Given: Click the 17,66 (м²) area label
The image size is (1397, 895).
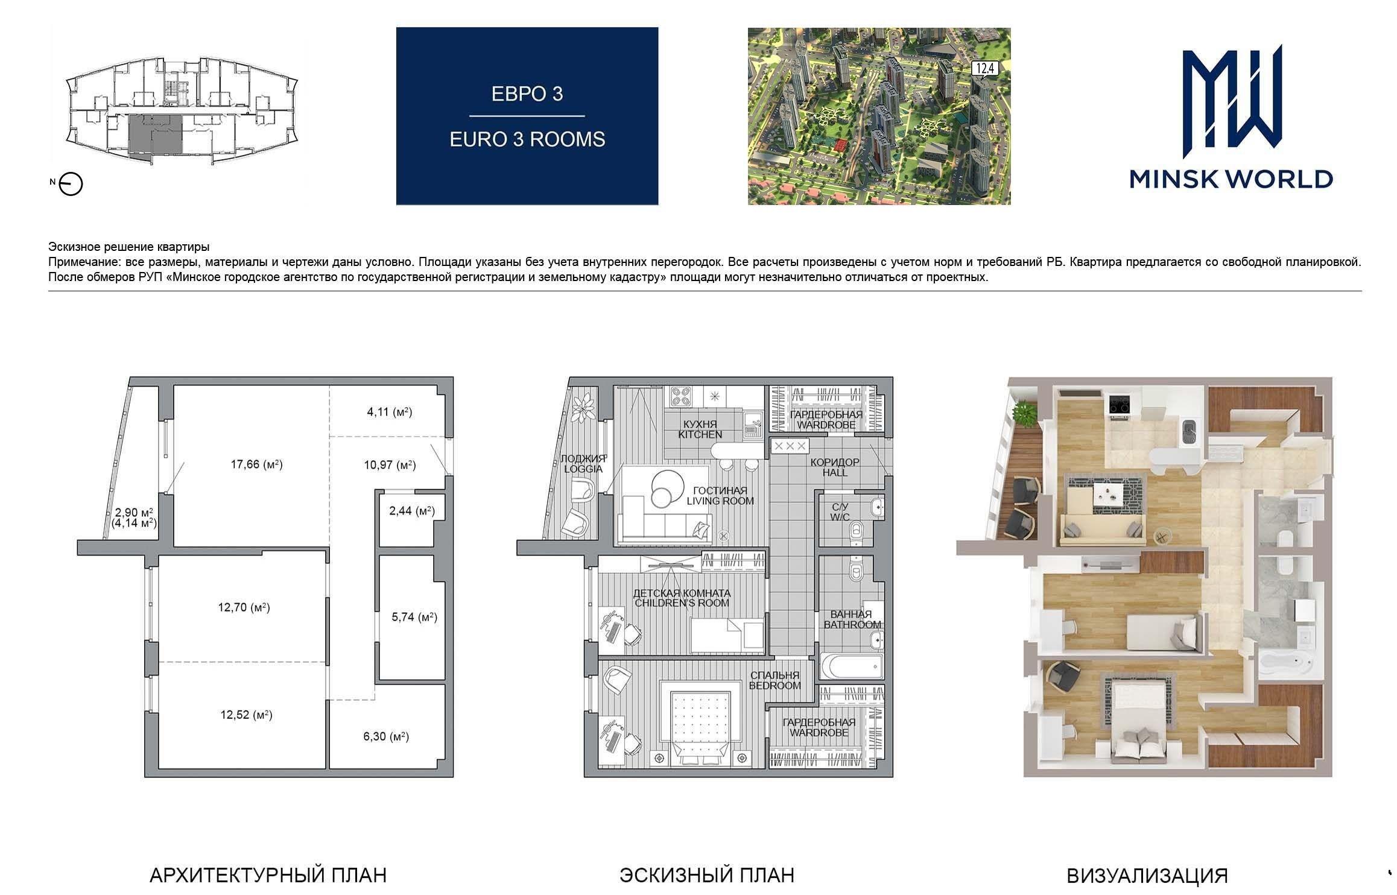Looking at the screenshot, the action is (256, 464).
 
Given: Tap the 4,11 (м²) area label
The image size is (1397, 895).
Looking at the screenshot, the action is (389, 413).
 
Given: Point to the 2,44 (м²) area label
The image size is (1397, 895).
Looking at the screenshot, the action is (412, 511).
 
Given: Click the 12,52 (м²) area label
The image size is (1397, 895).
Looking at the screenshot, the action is (246, 715).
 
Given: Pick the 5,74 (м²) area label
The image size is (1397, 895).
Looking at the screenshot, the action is (414, 617).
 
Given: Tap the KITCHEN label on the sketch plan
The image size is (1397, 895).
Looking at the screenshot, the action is (700, 434).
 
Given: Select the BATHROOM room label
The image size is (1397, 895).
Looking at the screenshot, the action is (852, 625).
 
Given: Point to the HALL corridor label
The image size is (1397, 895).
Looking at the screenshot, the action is (835, 473).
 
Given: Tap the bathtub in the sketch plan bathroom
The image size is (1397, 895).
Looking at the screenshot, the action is (851, 668).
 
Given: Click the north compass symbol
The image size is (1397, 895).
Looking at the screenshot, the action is (71, 184).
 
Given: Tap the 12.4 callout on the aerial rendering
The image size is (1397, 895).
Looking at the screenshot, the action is (984, 69).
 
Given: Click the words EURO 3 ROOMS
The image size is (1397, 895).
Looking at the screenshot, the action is (527, 139).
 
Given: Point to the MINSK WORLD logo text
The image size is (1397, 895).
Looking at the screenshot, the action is (1231, 179).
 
